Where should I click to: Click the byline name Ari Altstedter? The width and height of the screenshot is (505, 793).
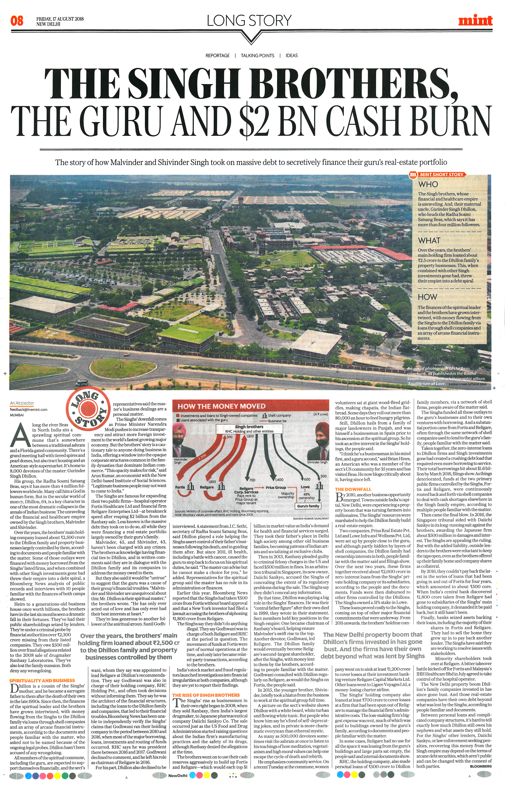pos(22,403)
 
